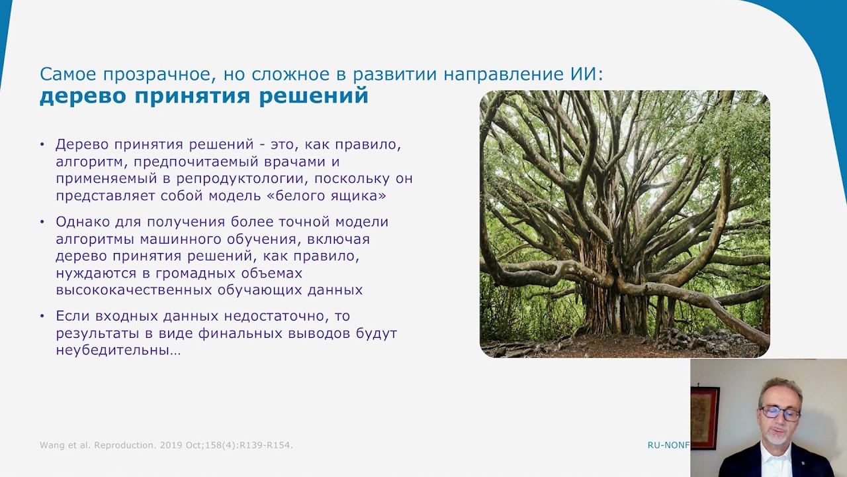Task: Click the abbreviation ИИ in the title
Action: coord(584,74)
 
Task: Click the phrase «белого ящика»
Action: coord(330,195)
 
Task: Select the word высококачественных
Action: coord(134,290)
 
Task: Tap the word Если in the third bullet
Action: coord(73,316)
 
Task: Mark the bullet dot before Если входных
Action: coord(42,316)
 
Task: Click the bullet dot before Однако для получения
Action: coord(42,222)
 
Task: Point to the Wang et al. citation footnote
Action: coord(166,445)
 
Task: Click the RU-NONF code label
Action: coord(668,445)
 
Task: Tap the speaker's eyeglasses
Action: coord(780,413)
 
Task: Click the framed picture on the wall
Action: coord(705,418)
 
